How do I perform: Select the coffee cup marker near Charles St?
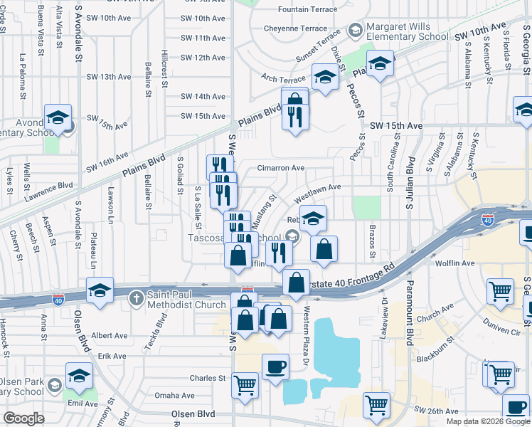tap(275, 367)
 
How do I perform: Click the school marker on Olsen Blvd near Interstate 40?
tap(100, 290)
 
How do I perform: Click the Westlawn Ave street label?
tap(318, 187)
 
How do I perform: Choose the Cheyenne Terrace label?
tap(295, 28)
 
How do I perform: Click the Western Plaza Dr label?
tap(307, 327)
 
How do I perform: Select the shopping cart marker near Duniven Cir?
tap(500, 290)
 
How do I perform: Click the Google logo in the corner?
tap(23, 418)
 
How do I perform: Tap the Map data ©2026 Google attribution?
tap(487, 421)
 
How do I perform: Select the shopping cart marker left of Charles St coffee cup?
tap(245, 386)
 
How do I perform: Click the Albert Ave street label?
tap(110, 335)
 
